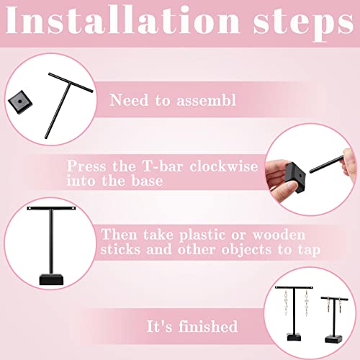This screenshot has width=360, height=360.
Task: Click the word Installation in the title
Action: (x=122, y=20)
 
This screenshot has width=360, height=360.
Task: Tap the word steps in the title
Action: (x=304, y=24)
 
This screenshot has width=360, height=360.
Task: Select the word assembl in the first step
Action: (x=207, y=100)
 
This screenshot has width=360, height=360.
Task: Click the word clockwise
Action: (x=224, y=166)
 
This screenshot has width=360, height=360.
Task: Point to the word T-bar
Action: (x=163, y=166)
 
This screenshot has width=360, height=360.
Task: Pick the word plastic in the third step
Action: (x=202, y=235)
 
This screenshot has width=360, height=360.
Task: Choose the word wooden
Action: (x=279, y=235)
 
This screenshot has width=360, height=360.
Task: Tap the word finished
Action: (x=208, y=326)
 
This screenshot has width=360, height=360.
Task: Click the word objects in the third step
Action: (x=246, y=250)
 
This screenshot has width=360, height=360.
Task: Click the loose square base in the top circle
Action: (x=20, y=102)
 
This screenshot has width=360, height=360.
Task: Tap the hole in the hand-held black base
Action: (x=300, y=176)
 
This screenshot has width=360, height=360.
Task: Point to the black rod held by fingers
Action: (x=327, y=164)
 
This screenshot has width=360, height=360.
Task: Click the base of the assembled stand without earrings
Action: (x=51, y=279)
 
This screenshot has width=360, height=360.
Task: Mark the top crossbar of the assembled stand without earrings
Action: (x=51, y=208)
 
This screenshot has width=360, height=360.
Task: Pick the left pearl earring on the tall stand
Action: (x=286, y=303)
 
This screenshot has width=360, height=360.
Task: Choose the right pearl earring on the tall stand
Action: (x=306, y=304)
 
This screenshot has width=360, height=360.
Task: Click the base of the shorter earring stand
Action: (x=333, y=338)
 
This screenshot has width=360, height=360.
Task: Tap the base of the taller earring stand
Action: (x=294, y=337)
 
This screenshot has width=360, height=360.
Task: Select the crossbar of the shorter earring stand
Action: (x=334, y=299)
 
